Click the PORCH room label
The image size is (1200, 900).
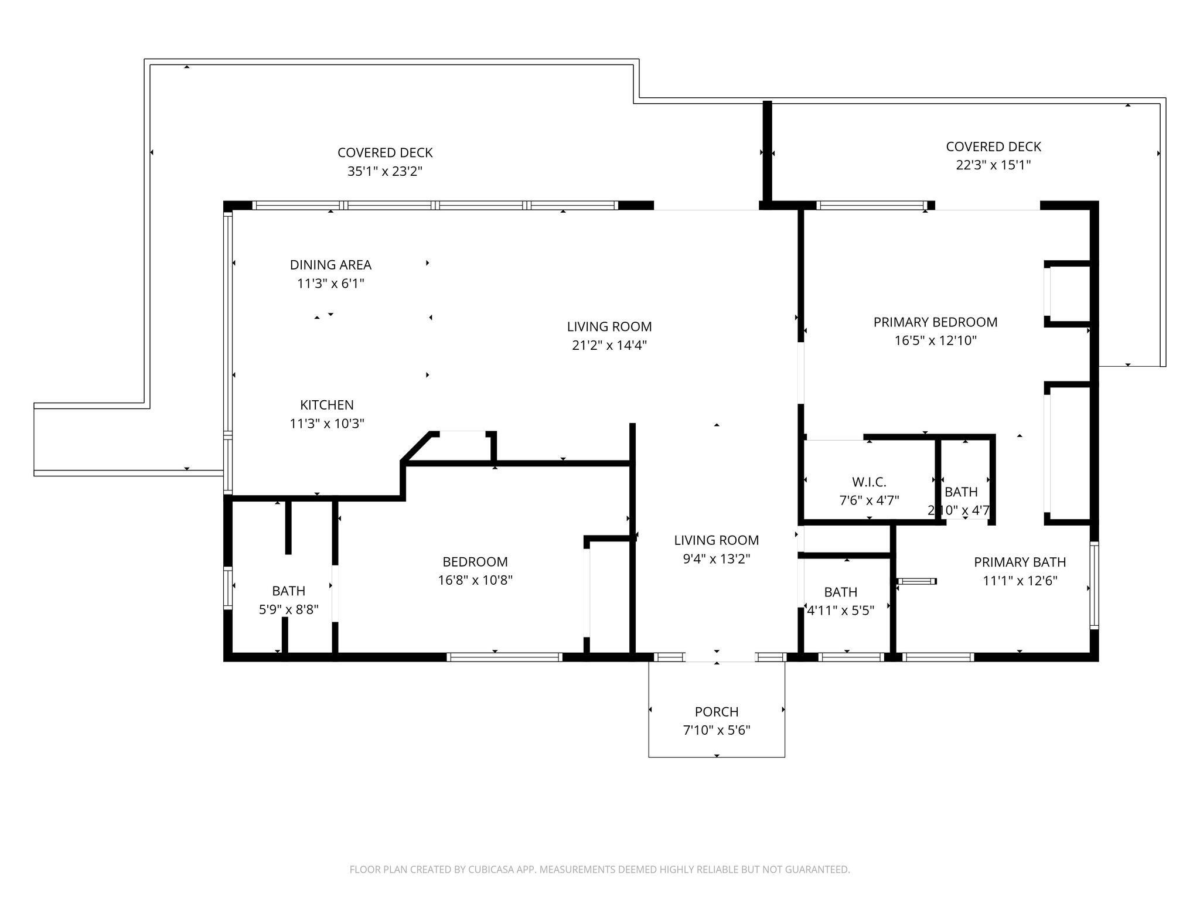click(716, 712)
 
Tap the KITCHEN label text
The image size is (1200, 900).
click(327, 405)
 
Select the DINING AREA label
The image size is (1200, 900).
click(330, 265)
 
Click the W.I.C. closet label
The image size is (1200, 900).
click(869, 482)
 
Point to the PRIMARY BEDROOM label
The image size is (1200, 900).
click(935, 322)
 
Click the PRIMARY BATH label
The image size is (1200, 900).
click(1020, 562)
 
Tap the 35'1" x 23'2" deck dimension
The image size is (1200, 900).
click(385, 172)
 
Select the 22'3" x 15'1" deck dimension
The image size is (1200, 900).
click(993, 165)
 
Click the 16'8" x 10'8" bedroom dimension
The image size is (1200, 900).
click(475, 581)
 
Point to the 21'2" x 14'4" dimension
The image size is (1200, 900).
click(609, 345)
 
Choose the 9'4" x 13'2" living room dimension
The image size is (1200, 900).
click(717, 559)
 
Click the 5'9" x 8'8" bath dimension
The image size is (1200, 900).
click(289, 609)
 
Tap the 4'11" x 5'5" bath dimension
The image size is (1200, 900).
click(841, 611)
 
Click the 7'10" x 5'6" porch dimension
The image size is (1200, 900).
click(717, 731)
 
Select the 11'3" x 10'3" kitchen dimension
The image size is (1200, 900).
click(327, 424)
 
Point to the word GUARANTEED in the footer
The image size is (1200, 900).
click(819, 870)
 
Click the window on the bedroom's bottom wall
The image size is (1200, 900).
click(504, 657)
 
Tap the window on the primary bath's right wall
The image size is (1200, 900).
click(1094, 586)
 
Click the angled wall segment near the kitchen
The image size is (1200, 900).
click(417, 448)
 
